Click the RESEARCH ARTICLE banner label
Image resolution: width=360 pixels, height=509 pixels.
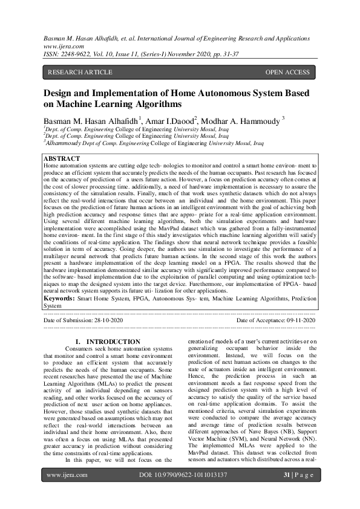[80, 73]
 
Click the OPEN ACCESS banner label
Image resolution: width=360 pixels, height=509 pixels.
[287, 73]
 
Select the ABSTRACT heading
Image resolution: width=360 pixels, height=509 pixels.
[63, 159]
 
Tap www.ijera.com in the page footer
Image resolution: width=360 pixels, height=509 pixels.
[67, 491]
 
